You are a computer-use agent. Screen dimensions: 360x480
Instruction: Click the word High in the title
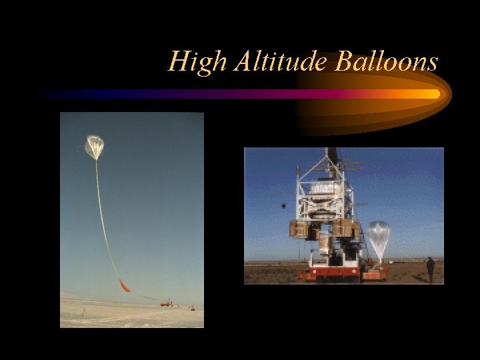tap(193, 62)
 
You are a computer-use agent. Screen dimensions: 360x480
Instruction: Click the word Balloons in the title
tap(387, 62)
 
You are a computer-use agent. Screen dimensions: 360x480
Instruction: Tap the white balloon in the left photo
tap(95, 146)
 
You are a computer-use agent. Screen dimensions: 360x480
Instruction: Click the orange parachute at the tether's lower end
tap(124, 285)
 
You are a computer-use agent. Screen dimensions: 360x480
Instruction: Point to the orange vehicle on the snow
tap(166, 303)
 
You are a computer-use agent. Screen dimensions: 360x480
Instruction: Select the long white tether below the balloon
tap(103, 220)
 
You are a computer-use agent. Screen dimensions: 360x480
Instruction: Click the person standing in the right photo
tap(430, 269)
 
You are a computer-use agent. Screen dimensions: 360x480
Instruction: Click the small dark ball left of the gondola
tap(283, 206)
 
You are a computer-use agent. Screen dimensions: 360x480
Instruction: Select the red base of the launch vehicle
tap(330, 273)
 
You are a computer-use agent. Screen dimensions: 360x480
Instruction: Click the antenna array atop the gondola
tap(350, 163)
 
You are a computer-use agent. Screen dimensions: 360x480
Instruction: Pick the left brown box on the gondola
tap(298, 229)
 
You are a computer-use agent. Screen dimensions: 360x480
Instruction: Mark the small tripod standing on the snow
tap(83, 311)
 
